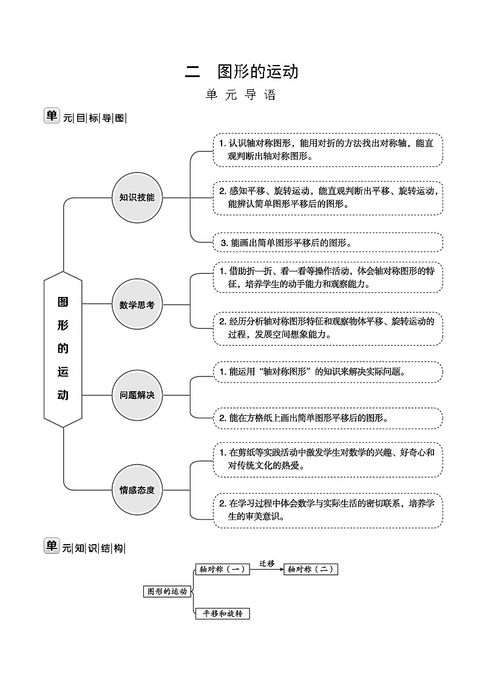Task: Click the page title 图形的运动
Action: pos(258,72)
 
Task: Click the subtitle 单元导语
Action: pos(241,95)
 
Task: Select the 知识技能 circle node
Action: pos(137,197)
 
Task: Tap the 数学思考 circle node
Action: pos(137,304)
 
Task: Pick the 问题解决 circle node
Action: pos(137,395)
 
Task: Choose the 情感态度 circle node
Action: pos(137,490)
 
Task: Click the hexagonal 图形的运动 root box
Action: pos(63,349)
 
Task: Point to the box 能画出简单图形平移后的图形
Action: pos(327,242)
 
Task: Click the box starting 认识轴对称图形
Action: pos(327,150)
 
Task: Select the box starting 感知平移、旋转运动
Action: pos(327,197)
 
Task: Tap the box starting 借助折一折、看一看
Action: pos(327,277)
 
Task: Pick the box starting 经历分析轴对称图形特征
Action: pos(327,329)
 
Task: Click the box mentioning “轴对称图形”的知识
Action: pos(327,372)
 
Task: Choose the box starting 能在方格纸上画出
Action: pos(327,418)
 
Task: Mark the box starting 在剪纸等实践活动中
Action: pos(327,460)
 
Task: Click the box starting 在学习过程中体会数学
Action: pos(327,510)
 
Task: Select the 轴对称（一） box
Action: pos(222,569)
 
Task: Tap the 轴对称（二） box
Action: pos(311,569)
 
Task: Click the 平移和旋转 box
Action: pos(222,613)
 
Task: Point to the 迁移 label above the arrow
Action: pos(267,563)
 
